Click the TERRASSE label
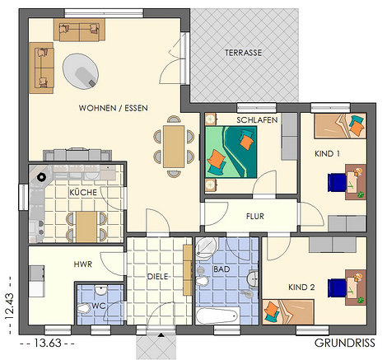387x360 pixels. tap(243, 53)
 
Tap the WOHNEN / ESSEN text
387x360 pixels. tap(113, 108)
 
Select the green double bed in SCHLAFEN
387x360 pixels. tap(231, 152)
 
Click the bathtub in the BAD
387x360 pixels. tap(217, 316)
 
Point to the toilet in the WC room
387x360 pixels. tap(84, 309)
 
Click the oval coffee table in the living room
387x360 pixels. tap(81, 71)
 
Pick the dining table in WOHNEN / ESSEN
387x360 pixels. tap(174, 147)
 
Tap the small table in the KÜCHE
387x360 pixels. tap(86, 227)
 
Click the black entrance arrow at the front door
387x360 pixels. tap(161, 334)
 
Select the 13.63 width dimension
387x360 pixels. tap(47, 343)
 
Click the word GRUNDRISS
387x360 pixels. tap(345, 343)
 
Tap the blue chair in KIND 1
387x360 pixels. tap(338, 183)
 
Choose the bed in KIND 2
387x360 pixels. tap(288, 312)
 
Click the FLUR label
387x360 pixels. tap(255, 217)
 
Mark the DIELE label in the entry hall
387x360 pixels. tap(157, 277)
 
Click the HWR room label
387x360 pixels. tap(83, 264)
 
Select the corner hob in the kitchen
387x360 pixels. tap(41, 177)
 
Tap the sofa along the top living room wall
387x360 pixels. tap(79, 30)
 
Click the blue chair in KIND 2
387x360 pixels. tap(338, 288)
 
